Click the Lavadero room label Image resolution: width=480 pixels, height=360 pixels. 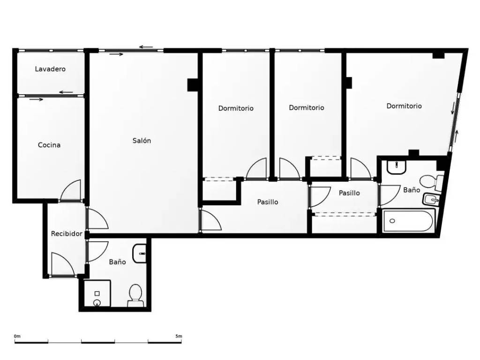point(50,69)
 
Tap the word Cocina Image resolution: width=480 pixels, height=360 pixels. point(49,145)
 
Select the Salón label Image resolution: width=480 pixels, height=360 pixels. point(142,141)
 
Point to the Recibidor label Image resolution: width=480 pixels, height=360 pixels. point(67,233)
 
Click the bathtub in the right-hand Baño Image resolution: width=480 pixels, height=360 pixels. point(409,220)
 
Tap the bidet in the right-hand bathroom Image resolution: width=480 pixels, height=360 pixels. point(431,200)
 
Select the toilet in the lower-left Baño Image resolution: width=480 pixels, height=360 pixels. point(135,296)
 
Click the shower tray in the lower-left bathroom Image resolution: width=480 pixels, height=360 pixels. point(97,293)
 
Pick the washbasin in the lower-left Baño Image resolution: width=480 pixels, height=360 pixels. point(140,254)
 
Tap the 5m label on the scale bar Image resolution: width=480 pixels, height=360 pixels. point(179,336)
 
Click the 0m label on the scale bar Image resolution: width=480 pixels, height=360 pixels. point(17,336)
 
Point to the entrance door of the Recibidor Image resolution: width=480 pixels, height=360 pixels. point(63,264)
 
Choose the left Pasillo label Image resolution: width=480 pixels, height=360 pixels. point(268,202)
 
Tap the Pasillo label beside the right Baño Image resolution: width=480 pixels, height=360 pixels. point(349,193)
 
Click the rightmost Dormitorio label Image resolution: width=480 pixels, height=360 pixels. point(404,106)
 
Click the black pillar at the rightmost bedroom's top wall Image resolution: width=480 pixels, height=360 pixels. point(438,55)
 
